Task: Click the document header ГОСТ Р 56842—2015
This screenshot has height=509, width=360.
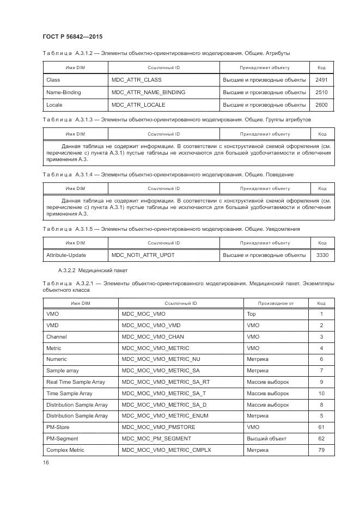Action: point(72,36)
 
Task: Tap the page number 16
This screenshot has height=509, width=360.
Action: point(46,462)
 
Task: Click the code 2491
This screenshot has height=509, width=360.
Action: point(321,80)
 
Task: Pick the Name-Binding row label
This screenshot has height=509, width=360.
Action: point(63,93)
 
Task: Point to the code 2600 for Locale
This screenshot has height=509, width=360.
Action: point(321,105)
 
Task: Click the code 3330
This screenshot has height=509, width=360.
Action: point(321,255)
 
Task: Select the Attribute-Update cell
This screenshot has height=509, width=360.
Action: point(66,255)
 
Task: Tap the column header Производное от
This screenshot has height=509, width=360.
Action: point(276,303)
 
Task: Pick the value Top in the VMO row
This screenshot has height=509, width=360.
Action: point(251,314)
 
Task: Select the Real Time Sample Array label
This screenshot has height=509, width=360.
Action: point(76,382)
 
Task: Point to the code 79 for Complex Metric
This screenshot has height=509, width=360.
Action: point(321,450)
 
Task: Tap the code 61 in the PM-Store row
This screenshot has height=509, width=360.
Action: point(321,427)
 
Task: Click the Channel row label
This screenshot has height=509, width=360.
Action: point(57,337)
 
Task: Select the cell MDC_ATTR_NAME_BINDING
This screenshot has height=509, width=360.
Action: point(148,93)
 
